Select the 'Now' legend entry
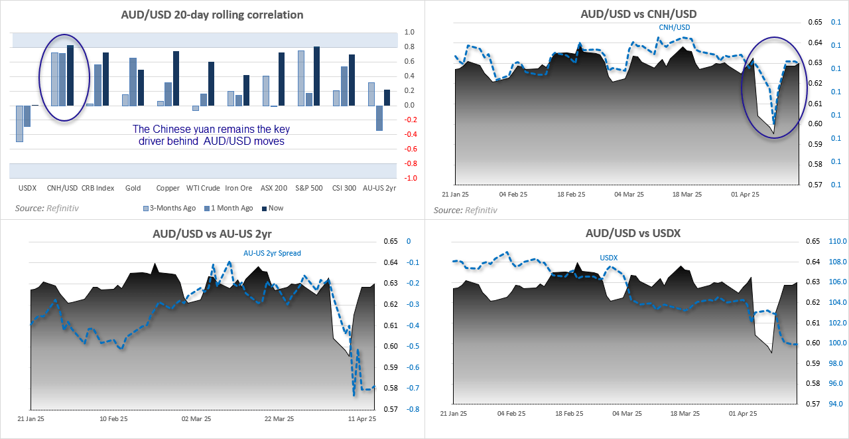point(275,208)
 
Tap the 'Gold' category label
point(133,188)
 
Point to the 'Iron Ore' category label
point(239,188)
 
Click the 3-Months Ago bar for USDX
point(20,124)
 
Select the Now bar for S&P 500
point(317,76)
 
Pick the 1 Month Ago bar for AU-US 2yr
point(379,118)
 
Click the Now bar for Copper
point(176,78)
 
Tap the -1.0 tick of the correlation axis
point(411,178)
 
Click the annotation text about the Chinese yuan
point(211,135)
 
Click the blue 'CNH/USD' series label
point(674,27)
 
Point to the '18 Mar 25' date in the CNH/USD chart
point(687,195)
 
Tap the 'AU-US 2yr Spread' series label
point(272,253)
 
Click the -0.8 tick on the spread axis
point(411,409)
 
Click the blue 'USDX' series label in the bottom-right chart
point(608,258)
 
